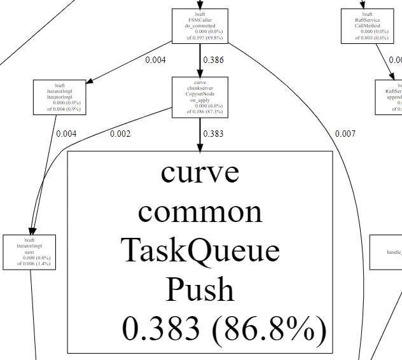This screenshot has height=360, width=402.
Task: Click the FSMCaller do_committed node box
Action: click(x=200, y=25)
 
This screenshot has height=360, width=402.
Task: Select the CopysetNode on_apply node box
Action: click(x=200, y=97)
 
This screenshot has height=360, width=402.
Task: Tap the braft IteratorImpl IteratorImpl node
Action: click(x=60, y=97)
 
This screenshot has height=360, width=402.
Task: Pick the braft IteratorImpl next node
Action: click(x=29, y=252)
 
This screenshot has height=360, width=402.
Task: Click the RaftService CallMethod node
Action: click(x=367, y=25)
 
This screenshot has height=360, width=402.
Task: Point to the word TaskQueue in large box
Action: click(x=200, y=250)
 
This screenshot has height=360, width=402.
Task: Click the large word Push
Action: click(x=200, y=289)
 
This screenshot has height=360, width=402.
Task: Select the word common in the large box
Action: click(x=200, y=211)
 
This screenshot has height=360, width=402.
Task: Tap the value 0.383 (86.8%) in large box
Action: click(x=224, y=329)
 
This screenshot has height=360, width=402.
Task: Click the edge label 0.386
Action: click(x=213, y=60)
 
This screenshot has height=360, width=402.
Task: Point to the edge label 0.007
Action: click(x=345, y=134)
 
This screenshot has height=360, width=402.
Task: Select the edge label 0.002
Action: click(x=120, y=134)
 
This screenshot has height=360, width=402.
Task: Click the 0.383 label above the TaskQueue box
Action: click(x=213, y=134)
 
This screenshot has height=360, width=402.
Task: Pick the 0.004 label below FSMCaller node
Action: click(x=155, y=60)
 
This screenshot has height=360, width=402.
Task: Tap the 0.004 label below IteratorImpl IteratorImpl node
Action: click(x=66, y=134)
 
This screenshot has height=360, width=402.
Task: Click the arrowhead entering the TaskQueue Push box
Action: click(x=200, y=147)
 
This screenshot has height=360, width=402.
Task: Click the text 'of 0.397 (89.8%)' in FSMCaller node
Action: click(x=200, y=38)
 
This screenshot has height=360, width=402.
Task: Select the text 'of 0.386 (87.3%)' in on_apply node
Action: click(x=200, y=111)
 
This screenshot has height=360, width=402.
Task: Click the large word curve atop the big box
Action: click(x=200, y=172)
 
